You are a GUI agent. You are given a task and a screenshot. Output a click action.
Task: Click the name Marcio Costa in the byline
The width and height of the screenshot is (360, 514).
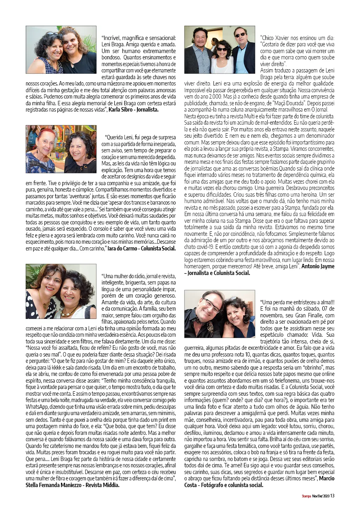tap(326, 478)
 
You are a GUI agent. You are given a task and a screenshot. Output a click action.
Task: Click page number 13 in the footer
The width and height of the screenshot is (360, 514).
tap(333, 495)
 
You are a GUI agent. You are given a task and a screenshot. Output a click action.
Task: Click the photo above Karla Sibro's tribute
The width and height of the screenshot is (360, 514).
tap(61, 50)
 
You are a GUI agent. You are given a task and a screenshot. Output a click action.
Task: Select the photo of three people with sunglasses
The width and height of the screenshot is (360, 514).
tap(219, 50)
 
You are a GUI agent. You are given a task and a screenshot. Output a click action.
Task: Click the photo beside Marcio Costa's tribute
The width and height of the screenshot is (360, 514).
tap(219, 314)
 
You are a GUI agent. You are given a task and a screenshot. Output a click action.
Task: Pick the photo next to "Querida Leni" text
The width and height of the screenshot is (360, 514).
tap(61, 149)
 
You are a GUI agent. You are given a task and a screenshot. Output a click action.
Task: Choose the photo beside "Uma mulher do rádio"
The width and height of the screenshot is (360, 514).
tap(61, 291)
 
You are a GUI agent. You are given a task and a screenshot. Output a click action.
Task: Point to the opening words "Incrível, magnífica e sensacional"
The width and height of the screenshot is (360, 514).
tap(139, 38)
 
